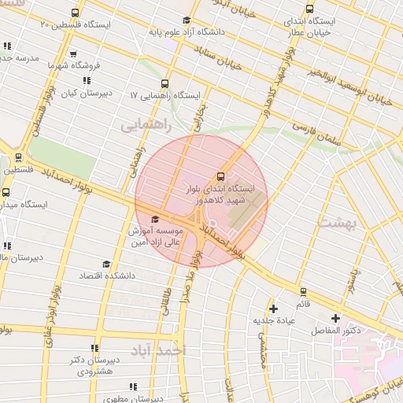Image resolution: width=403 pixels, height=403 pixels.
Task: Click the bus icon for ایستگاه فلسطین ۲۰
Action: [x=75, y=13]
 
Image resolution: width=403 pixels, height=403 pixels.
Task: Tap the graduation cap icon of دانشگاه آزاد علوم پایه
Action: [x=186, y=20]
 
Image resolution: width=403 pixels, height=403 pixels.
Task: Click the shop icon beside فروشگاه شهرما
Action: [x=73, y=54]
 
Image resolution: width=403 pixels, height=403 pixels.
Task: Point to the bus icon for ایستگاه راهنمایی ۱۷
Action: [x=165, y=83]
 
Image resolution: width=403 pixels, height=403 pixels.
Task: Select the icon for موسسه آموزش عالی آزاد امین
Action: [x=155, y=219]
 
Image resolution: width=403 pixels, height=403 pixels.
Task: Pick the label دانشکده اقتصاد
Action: [x=107, y=276]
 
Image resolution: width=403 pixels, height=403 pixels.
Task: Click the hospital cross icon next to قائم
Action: [x=273, y=309]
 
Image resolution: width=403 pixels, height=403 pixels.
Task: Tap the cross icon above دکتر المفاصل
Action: [x=336, y=318]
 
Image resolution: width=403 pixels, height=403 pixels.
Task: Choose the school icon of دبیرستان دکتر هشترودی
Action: [x=95, y=348]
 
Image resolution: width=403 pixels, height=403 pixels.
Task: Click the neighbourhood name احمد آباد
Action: [x=158, y=349]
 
